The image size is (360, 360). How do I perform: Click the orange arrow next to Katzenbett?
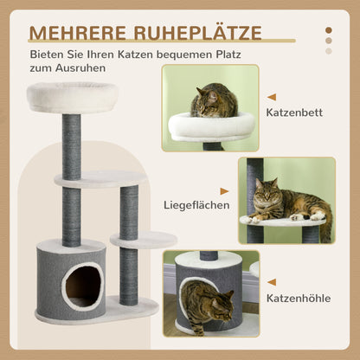tap(272, 98)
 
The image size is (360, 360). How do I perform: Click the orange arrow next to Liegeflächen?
tap(224, 191)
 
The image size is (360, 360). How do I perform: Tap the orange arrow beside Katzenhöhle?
tap(272, 282)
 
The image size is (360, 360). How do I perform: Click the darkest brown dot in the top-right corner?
tap(328, 29)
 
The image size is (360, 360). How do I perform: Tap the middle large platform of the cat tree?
tap(100, 177)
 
